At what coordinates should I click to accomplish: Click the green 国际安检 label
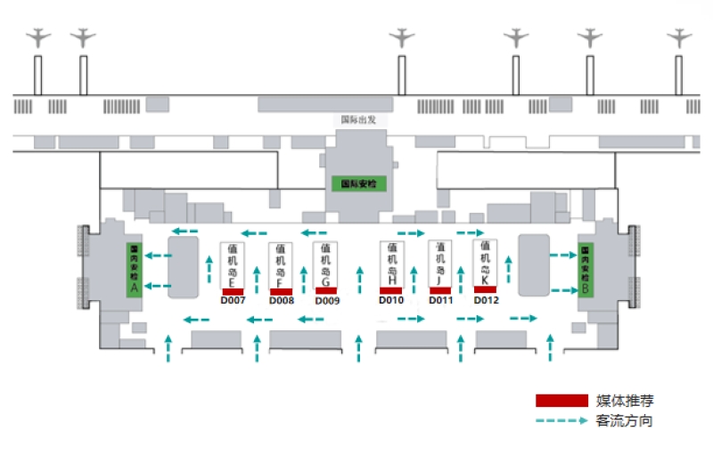coord(356,184)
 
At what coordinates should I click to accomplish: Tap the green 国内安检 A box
coord(135,269)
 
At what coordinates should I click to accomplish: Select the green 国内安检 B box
coord(586,269)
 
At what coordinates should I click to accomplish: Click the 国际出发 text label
coord(359,118)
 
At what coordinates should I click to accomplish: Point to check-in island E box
coord(233,265)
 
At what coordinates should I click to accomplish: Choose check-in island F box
coord(281,265)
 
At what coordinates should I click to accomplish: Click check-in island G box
coord(325,264)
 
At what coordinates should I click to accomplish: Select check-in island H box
coord(392,264)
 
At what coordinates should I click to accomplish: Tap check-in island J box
coord(440,264)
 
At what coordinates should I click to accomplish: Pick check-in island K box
coord(485,262)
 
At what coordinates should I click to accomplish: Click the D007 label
coord(233,301)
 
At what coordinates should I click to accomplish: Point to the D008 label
coord(282,301)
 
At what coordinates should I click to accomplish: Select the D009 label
coord(327,301)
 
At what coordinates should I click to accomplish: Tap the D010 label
coord(391,300)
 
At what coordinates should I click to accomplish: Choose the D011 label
coord(441,300)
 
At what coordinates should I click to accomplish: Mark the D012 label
coord(486,300)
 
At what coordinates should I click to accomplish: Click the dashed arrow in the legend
coord(561,420)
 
